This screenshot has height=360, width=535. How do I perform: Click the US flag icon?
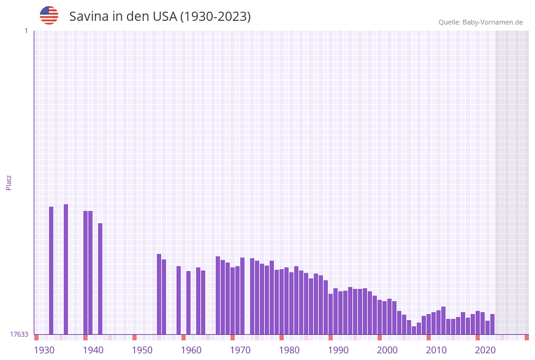(49, 15)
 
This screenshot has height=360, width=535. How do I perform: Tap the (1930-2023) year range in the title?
(215, 17)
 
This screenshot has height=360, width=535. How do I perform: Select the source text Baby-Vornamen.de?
(493, 22)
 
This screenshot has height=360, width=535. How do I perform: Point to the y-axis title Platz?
(9, 182)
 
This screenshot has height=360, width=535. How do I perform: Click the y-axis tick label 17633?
(18, 334)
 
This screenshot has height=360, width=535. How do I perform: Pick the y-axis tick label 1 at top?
(26, 31)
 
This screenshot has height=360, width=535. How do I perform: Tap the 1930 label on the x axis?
(44, 350)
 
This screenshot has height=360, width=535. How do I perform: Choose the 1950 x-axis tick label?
(142, 350)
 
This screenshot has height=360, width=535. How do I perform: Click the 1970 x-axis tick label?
(240, 350)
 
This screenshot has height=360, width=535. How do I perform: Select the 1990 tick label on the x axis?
(338, 350)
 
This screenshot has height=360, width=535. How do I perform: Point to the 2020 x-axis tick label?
(485, 350)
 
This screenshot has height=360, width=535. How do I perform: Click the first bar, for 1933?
(51, 270)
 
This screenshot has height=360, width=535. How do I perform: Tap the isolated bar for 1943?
(101, 278)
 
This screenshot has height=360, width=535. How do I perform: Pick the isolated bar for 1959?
(179, 300)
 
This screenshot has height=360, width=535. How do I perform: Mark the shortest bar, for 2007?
(414, 330)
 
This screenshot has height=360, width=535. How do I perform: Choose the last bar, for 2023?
(493, 324)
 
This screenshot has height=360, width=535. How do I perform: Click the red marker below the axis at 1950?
(135, 337)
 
